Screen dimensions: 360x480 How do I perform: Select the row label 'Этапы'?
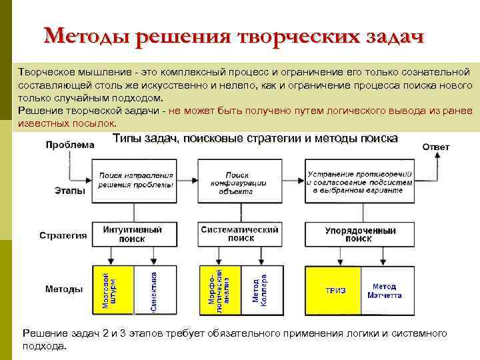(69, 191)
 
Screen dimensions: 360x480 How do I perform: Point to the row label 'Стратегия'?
(63, 235)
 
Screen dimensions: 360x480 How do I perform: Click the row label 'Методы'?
(64, 289)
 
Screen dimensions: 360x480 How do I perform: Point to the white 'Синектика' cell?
(154, 290)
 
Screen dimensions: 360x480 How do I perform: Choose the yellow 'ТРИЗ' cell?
(333, 291)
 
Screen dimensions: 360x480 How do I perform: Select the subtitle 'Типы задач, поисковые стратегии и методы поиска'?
(255, 139)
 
